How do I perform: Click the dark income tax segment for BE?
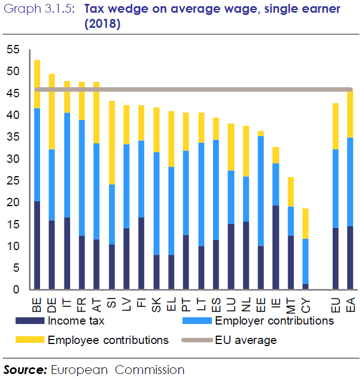tap(37, 245)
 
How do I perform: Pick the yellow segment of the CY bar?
tap(304, 223)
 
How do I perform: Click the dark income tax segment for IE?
tap(275, 247)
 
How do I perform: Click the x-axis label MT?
tap(290, 305)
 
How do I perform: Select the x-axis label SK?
tap(156, 305)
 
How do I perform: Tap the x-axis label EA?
tap(351, 305)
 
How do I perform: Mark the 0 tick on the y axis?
tap(16, 290)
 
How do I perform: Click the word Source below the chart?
tap(25, 369)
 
